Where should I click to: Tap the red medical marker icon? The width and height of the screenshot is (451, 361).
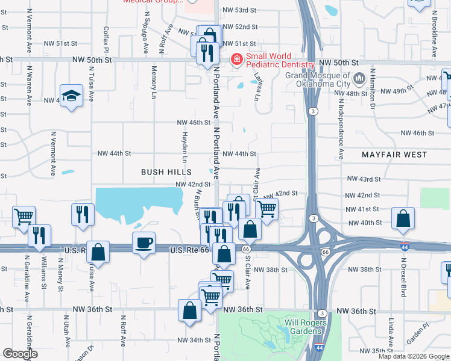(236, 59)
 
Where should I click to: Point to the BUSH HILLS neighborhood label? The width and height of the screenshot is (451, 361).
(162, 172)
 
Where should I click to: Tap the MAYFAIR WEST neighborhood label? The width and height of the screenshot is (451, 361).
(394, 155)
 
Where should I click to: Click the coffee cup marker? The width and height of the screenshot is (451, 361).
(144, 243)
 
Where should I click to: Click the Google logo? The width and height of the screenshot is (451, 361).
(19, 354)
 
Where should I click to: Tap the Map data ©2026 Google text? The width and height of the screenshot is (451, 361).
(413, 356)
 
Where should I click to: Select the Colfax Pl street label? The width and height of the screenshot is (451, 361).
(106, 40)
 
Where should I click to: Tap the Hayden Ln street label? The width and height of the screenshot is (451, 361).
(185, 146)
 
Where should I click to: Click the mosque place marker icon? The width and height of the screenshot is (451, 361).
(360, 78)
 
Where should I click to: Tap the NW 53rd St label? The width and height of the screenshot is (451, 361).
(240, 11)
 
